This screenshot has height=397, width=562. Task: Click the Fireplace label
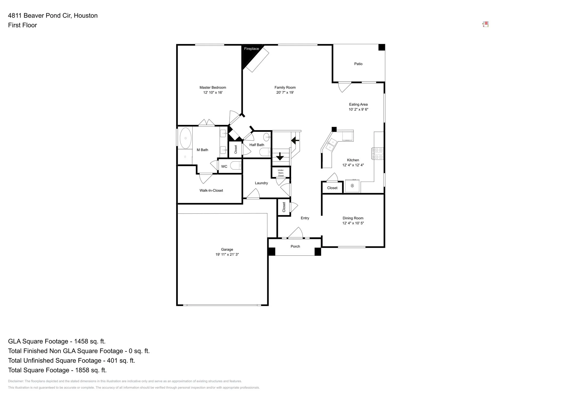251,49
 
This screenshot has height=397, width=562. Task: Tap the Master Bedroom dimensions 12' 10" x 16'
213,92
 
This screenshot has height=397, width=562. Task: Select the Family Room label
285,87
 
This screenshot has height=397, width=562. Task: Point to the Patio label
358,64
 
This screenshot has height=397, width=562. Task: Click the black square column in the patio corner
382,47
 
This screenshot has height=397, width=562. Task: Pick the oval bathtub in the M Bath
185,138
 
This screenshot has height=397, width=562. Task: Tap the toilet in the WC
236,166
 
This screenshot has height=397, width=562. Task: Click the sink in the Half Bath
267,137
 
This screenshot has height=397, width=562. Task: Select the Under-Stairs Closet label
281,173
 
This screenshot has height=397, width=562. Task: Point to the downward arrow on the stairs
280,156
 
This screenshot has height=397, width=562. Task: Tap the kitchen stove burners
377,154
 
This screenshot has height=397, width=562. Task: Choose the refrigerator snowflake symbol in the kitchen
352,186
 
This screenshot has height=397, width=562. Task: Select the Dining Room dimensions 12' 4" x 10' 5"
353,223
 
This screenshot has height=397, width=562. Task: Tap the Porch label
295,247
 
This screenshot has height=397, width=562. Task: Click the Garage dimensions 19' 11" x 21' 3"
227,255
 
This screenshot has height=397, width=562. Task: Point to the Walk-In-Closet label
211,190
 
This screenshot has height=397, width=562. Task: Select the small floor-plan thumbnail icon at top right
485,24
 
